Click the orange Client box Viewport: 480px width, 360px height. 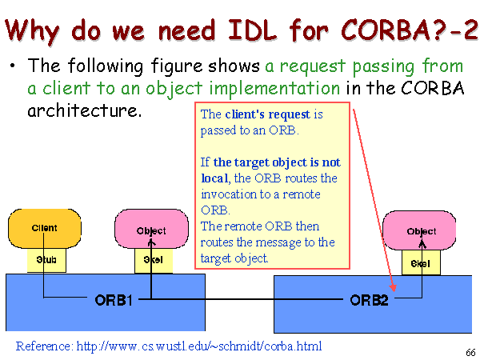click(x=45, y=228)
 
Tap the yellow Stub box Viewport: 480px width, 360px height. click(x=46, y=260)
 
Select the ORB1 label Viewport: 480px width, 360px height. click(x=114, y=300)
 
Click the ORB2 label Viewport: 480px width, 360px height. click(x=369, y=300)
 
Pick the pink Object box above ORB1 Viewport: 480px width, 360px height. click(x=151, y=229)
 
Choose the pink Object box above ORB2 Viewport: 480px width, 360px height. click(x=419, y=230)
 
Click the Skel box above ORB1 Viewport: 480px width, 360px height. click(x=154, y=261)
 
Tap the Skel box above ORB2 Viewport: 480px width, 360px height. click(x=422, y=262)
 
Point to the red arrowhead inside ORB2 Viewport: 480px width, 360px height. click(x=393, y=288)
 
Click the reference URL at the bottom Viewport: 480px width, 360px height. click(x=199, y=346)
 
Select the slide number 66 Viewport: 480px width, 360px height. click(x=471, y=353)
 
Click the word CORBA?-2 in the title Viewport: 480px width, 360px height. click(x=410, y=30)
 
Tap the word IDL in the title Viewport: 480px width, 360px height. click(x=253, y=30)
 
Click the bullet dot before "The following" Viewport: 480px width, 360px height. click(x=12, y=66)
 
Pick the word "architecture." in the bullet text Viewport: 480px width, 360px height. click(x=85, y=110)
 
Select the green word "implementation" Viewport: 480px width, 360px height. click(x=274, y=89)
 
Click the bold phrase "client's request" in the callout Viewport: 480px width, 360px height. click(x=267, y=114)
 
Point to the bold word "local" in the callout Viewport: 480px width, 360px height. click(x=214, y=178)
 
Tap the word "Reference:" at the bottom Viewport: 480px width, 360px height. click(x=45, y=346)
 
